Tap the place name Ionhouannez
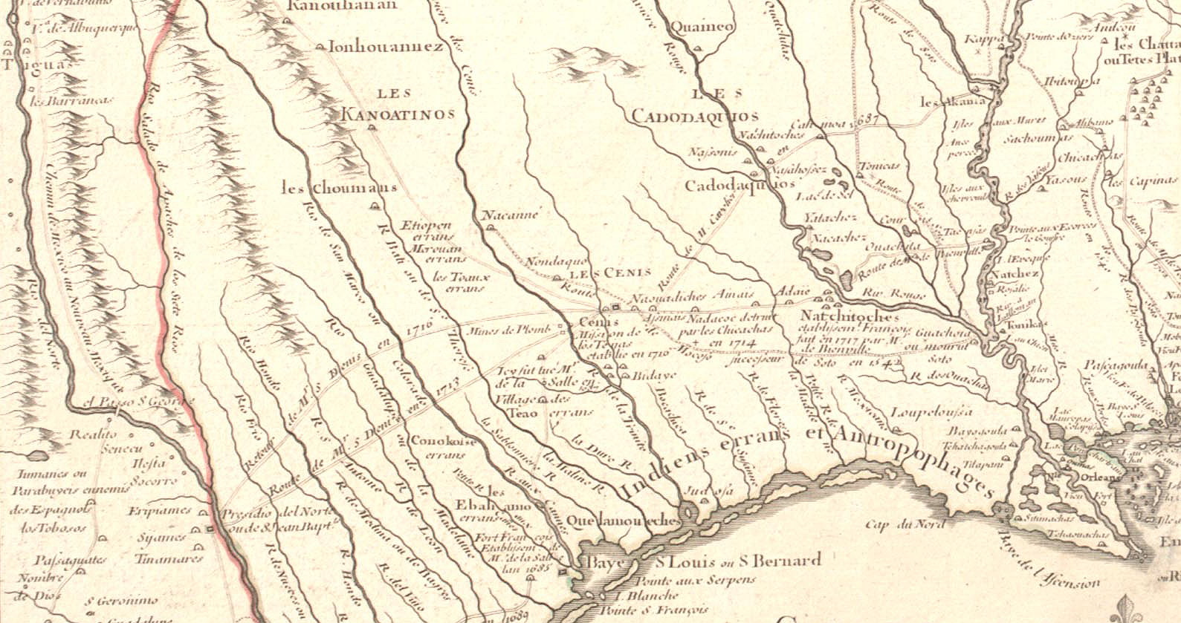coord(385,47)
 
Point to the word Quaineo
coord(701,27)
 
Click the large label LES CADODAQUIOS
coord(695,106)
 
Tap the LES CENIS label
coord(604,273)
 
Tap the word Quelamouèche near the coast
coord(621,520)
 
